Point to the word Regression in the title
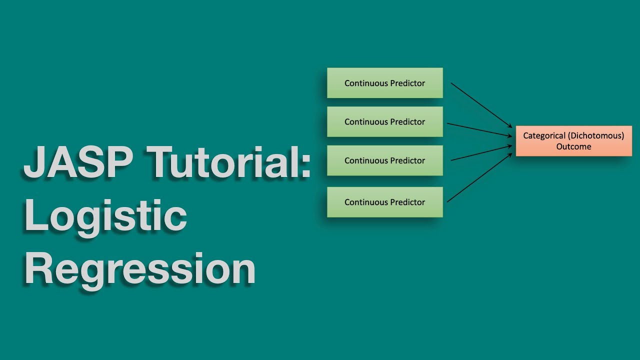click(x=140, y=269)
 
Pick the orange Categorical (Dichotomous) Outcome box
click(x=573, y=141)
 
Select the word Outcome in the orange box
click(x=573, y=146)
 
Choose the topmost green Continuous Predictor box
click(x=384, y=83)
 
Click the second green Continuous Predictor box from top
click(x=384, y=121)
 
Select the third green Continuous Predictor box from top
click(x=384, y=160)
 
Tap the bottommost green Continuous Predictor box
click(x=384, y=202)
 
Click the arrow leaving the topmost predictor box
click(x=481, y=105)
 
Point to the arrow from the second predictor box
click(x=479, y=129)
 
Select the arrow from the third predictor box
click(x=481, y=153)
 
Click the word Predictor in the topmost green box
click(x=407, y=83)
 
